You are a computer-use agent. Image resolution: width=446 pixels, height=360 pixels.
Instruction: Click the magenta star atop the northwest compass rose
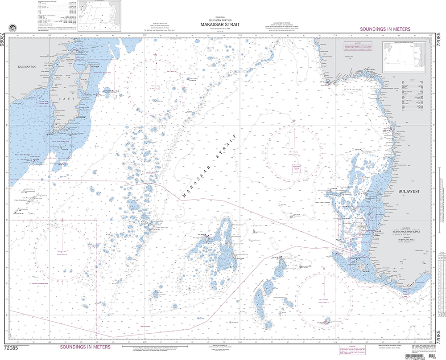155,55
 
